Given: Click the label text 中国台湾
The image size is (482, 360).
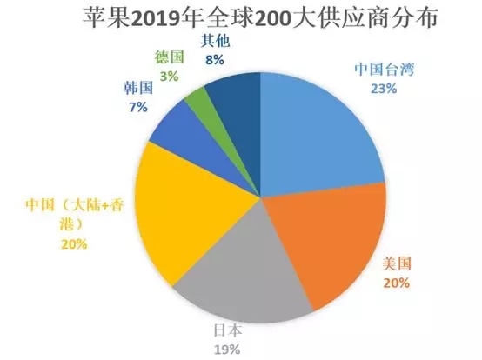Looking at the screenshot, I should (385, 70).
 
